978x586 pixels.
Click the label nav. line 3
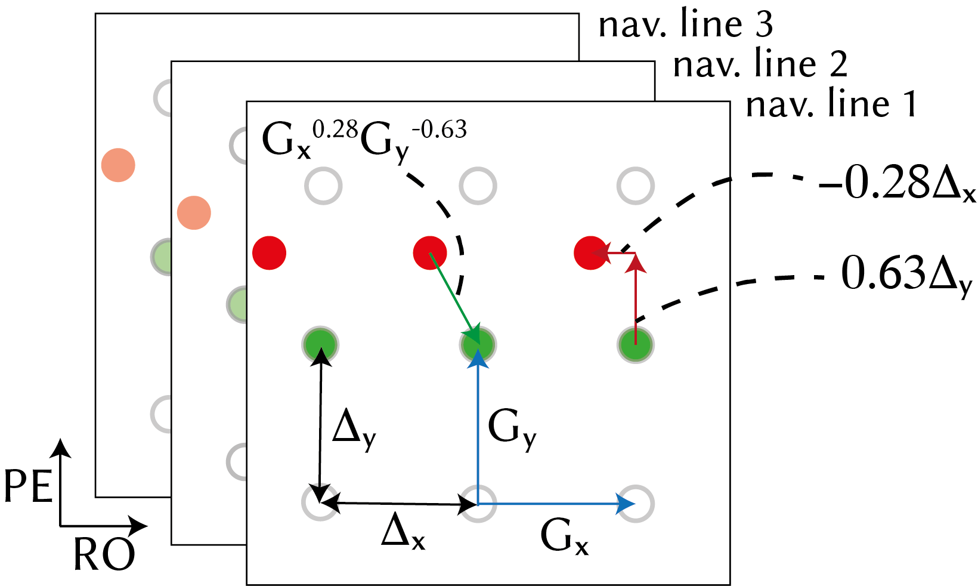click(x=685, y=25)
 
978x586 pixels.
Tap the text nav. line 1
click(x=831, y=104)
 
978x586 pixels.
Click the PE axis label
click(x=28, y=486)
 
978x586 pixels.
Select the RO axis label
click(x=104, y=555)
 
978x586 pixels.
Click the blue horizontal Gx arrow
click(x=555, y=504)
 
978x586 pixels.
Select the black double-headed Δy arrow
click(x=321, y=424)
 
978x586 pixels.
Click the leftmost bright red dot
click(x=270, y=253)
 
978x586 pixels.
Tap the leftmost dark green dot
click(x=321, y=344)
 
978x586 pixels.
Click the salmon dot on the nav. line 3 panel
click(x=118, y=165)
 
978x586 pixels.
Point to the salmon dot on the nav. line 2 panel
click(x=194, y=212)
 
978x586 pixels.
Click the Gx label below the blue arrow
click(x=564, y=537)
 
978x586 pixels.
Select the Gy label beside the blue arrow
click(x=512, y=428)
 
